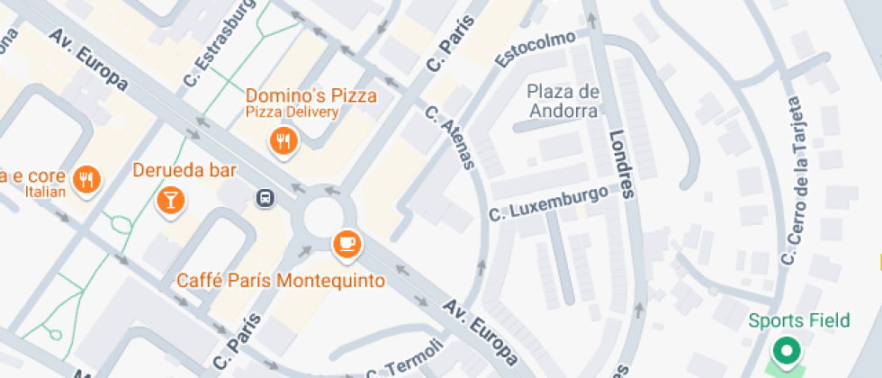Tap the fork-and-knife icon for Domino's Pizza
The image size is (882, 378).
(284, 139)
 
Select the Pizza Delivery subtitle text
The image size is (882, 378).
(293, 112)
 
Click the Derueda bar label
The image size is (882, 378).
(184, 170)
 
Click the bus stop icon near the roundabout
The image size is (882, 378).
(265, 197)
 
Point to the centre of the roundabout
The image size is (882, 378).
(325, 218)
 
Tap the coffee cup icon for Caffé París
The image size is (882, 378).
(346, 242)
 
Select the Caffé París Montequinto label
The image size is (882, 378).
(281, 281)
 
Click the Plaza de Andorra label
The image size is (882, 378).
(563, 101)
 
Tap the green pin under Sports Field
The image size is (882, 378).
(787, 350)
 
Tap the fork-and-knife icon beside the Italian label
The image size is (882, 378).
(87, 178)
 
